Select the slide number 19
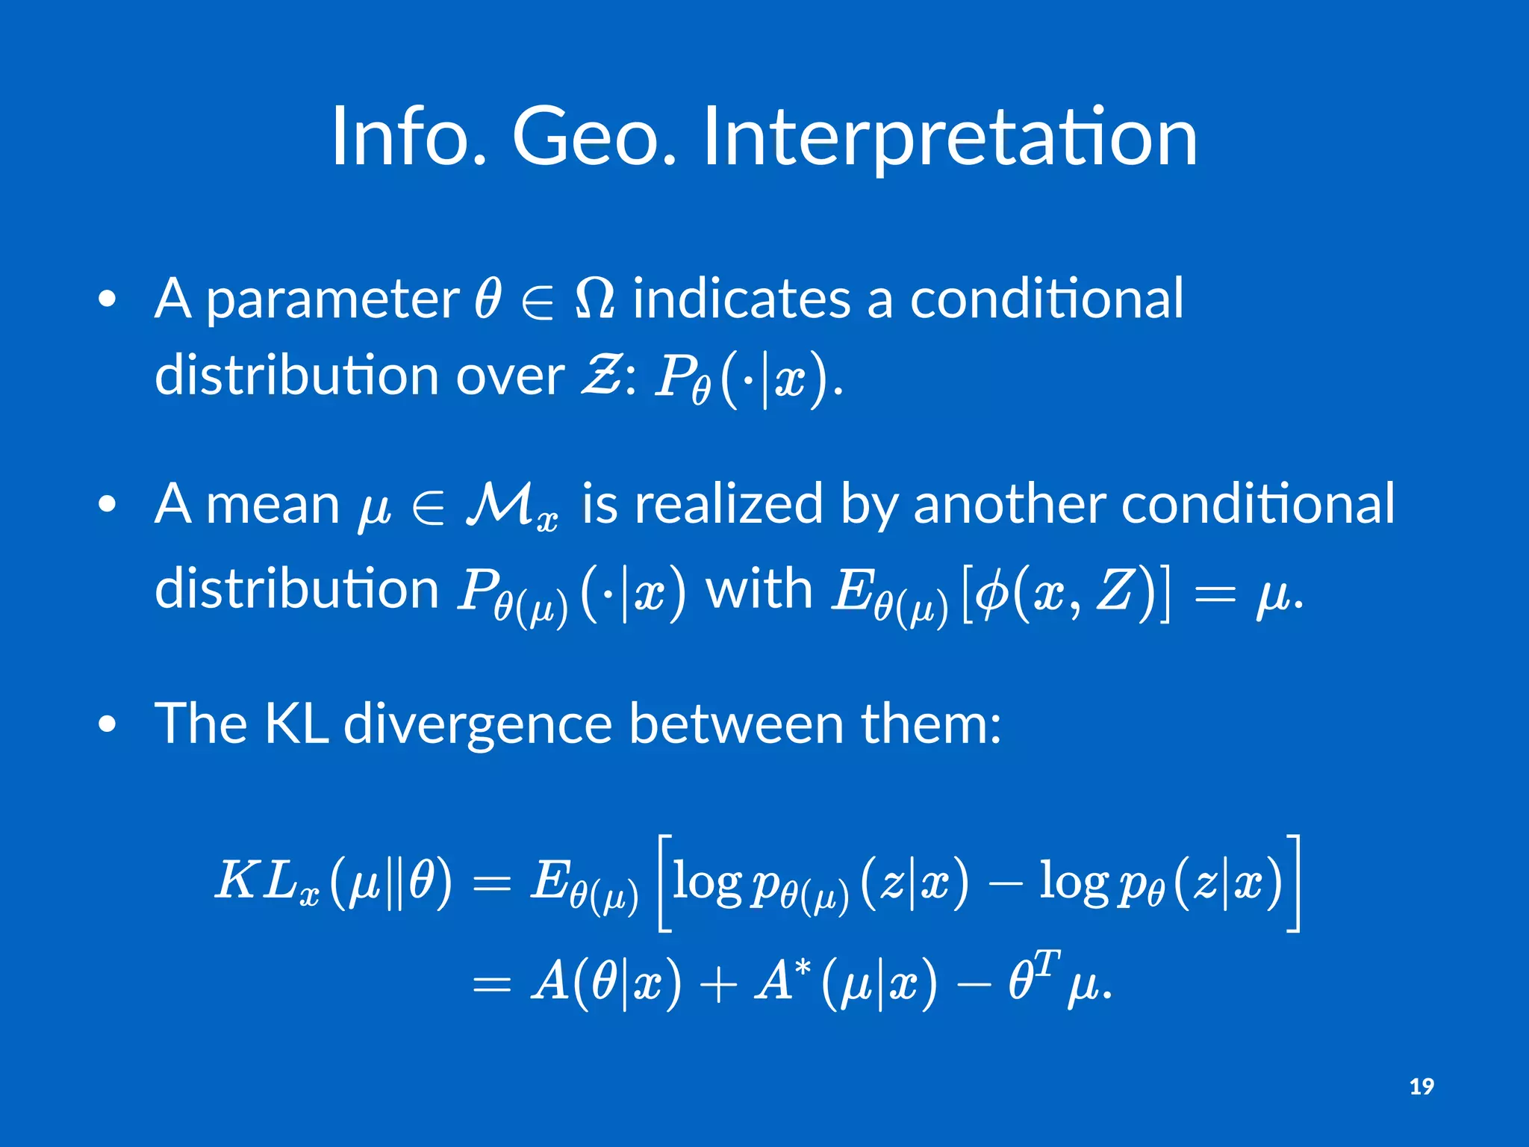1421,1087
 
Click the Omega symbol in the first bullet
595,299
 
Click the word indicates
741,299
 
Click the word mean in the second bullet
273,506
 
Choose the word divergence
478,724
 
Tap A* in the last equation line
782,980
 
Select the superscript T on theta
1047,963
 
